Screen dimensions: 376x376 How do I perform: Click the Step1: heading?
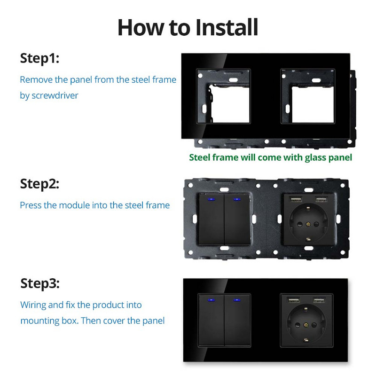(x=39, y=59)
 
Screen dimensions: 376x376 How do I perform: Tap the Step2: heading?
(x=39, y=184)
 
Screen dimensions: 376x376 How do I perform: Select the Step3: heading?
(x=40, y=284)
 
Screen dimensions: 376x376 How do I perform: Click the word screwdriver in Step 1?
(x=55, y=95)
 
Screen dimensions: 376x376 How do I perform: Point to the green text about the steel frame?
(x=270, y=157)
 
